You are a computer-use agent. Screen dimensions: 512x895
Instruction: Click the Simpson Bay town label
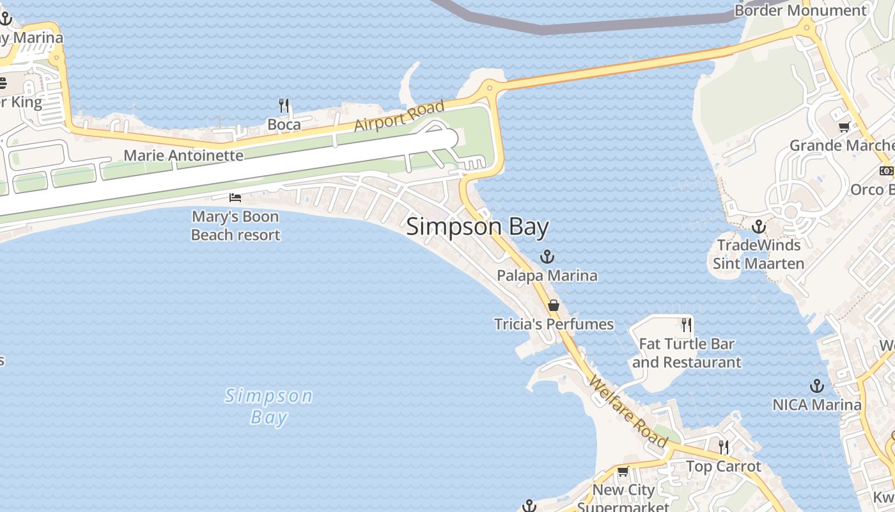[478, 227]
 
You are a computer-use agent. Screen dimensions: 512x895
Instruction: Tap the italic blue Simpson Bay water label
[269, 406]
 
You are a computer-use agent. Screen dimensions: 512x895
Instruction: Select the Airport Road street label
[399, 115]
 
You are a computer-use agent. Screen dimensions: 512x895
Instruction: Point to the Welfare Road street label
[628, 411]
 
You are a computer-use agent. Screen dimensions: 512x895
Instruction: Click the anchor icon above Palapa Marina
[547, 257]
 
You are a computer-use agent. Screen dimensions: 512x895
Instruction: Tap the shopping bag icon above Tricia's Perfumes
[554, 305]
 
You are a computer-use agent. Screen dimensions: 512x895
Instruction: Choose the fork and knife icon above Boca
[284, 105]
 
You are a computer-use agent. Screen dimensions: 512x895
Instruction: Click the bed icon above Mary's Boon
[235, 198]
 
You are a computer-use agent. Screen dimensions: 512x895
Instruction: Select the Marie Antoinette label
[183, 156]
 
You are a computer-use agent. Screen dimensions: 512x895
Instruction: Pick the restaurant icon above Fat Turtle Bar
[687, 324]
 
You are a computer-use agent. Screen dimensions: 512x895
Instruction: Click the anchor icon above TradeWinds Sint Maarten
[758, 226]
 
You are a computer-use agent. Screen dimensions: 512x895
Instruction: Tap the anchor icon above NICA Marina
[816, 385]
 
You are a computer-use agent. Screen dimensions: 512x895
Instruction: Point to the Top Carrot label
[724, 467]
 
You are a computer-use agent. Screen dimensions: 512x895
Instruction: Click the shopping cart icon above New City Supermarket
[623, 471]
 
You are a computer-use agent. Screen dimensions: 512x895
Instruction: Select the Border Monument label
[800, 10]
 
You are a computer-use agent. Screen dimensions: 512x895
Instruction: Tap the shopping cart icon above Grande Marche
[844, 127]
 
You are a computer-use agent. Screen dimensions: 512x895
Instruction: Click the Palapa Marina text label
[547, 276]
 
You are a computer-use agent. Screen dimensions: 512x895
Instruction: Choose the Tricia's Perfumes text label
[554, 324]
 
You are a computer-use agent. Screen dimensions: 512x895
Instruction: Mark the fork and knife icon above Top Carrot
[724, 446]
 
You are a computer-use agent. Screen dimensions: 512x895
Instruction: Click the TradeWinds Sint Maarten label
[758, 254]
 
